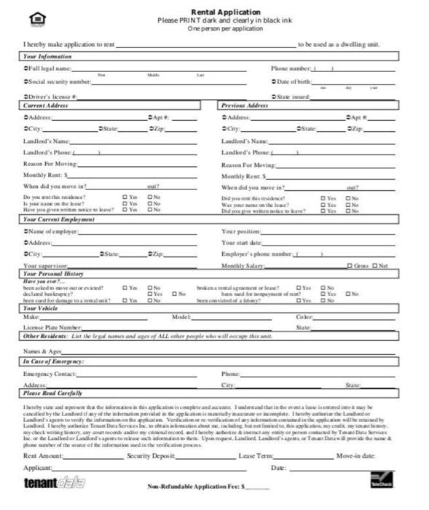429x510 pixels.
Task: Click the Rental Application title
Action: point(214,12)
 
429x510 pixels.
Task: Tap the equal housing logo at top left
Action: point(36,18)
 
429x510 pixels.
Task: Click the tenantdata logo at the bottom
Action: point(54,482)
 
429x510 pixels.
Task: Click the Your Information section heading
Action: point(47,56)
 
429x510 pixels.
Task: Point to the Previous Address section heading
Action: point(245,105)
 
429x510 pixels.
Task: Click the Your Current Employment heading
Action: point(60,219)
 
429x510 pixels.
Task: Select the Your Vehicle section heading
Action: point(42,308)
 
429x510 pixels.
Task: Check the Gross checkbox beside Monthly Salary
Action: point(350,266)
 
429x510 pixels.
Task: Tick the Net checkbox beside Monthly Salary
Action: point(375,266)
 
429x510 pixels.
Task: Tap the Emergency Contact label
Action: point(50,374)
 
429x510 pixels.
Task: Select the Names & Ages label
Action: point(42,351)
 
